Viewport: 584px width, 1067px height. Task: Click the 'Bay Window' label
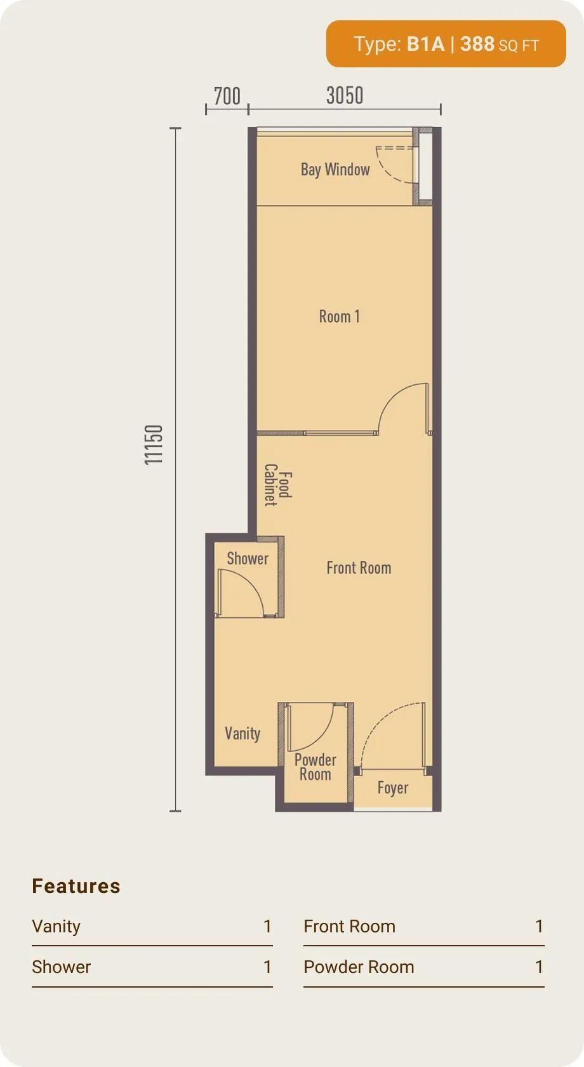coord(335,170)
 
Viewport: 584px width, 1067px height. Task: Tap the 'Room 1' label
coord(340,316)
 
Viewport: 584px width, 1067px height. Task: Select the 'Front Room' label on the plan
coord(359,568)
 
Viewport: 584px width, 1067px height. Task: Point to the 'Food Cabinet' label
coord(278,485)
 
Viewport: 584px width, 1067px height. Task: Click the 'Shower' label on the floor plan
coord(248,558)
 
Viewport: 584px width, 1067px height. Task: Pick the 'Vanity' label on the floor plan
coord(242,734)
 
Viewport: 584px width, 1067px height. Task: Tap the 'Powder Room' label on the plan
coord(315,767)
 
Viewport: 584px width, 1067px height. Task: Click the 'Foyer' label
coord(393,788)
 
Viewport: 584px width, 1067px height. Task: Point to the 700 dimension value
coord(227,96)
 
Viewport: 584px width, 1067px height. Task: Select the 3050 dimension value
coord(345,95)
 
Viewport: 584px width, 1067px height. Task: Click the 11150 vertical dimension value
coord(153,445)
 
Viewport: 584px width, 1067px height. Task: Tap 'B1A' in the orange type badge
coord(425,44)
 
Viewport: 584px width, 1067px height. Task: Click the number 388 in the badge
coord(477,44)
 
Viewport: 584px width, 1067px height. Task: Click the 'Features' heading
coord(76,887)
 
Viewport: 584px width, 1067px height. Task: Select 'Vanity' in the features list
coord(56,927)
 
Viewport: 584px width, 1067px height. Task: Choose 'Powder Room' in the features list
coord(359,967)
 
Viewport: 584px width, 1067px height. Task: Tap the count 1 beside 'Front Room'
coord(539,926)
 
